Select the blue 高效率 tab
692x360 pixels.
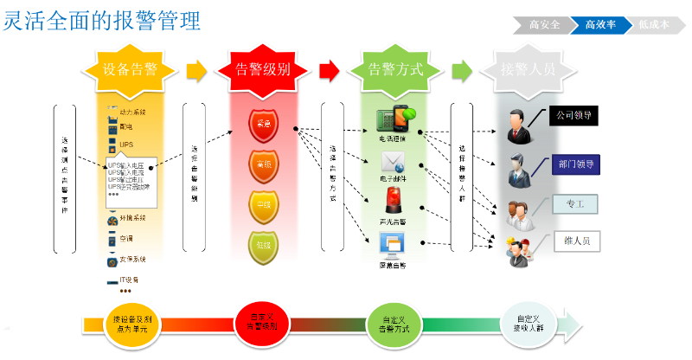(x=600, y=25)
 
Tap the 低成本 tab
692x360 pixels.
(x=654, y=25)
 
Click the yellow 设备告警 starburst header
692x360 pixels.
(x=130, y=69)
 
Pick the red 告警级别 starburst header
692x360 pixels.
(x=263, y=69)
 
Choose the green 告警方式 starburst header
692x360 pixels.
(x=395, y=69)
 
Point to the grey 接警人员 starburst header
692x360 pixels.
(x=528, y=69)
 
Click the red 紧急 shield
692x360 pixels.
(x=263, y=124)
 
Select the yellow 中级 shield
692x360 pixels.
(x=263, y=205)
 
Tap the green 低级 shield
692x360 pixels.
(x=263, y=245)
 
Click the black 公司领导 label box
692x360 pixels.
(x=576, y=114)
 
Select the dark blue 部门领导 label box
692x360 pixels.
(x=576, y=164)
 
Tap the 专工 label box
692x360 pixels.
(x=576, y=204)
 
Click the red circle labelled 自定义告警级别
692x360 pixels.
(x=261, y=323)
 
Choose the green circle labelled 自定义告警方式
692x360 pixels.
(x=394, y=323)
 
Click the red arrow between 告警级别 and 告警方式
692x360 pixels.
(x=329, y=69)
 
